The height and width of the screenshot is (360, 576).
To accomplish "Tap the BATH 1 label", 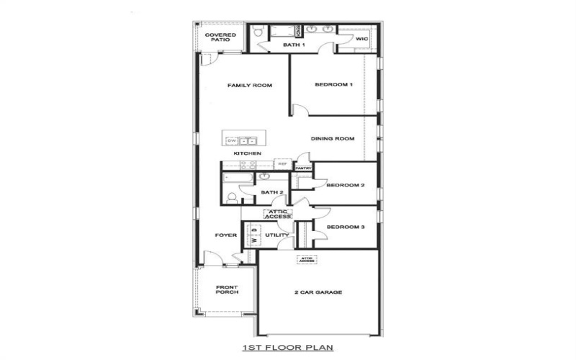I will click(x=293, y=45).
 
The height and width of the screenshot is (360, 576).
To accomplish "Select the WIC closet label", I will click(x=361, y=40).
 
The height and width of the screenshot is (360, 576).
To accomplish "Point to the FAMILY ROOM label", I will click(x=249, y=86).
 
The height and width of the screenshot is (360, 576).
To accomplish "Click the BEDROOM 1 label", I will click(x=333, y=85).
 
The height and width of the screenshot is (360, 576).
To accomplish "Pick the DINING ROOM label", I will click(x=332, y=139).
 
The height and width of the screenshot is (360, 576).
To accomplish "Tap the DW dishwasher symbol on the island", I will click(x=232, y=140).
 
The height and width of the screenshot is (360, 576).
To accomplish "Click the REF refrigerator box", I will click(x=282, y=165).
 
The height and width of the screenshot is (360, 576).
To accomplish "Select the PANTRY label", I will click(x=302, y=168).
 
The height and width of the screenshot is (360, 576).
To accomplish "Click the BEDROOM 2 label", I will click(x=346, y=185).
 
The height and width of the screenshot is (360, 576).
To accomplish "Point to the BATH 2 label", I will click(x=271, y=193).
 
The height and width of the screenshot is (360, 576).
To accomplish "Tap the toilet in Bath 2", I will click(x=232, y=197).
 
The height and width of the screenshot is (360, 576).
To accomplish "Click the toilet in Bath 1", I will click(x=257, y=31).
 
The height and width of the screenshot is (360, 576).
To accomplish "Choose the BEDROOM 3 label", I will click(x=346, y=228).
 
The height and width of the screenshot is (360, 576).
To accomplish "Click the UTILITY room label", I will click(x=276, y=235).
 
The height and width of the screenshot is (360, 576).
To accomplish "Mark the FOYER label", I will click(x=225, y=235).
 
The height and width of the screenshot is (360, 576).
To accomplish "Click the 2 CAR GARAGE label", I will click(x=318, y=292).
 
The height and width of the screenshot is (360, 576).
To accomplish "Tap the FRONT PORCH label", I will click(x=226, y=290).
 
